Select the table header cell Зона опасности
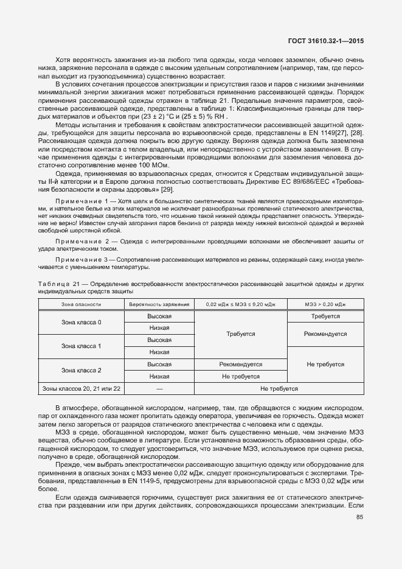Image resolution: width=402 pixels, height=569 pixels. pos(81,304)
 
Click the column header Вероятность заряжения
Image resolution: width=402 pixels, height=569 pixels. pos(159,304)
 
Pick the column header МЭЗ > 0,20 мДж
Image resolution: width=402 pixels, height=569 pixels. pos(325,304)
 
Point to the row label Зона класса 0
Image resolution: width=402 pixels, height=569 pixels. pos(81,322)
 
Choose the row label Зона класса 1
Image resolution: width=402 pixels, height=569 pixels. pos(81,346)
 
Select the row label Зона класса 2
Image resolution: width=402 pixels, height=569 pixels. pos(81,370)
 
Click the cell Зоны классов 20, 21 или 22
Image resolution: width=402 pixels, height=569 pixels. pos(81,388)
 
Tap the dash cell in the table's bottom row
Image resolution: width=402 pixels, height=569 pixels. pos(159,388)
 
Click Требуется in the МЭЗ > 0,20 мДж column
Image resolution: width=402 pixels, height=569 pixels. pos(325,316)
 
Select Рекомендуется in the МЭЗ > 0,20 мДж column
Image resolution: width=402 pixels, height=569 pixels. pos(325,334)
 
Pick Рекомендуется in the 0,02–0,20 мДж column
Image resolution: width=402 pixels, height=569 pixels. pos(240,364)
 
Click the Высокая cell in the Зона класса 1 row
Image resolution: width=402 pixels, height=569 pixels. pos(159,340)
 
